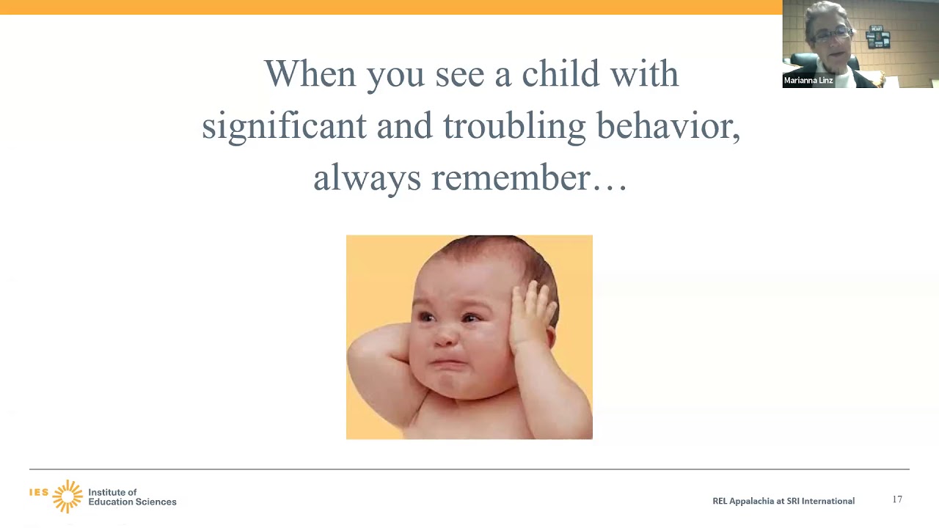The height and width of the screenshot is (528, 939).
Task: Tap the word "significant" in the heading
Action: click(x=284, y=126)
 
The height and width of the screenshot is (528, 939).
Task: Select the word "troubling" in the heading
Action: click(x=514, y=126)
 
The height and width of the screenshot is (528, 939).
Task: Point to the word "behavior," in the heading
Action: click(x=668, y=126)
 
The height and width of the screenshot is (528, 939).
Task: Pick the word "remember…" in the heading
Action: click(x=529, y=178)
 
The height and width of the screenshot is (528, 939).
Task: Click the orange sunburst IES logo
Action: click(x=67, y=496)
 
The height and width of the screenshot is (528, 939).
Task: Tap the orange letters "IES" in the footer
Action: click(x=39, y=492)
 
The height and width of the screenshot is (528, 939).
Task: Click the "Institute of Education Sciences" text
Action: click(x=132, y=497)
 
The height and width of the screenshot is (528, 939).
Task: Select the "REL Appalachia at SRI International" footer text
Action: click(x=783, y=501)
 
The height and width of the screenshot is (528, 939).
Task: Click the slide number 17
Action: click(x=897, y=499)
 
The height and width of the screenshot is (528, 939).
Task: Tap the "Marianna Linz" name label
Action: click(x=808, y=81)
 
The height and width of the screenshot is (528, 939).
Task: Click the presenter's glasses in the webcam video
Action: click(x=833, y=33)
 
